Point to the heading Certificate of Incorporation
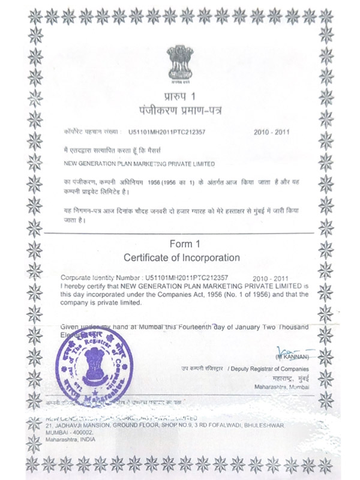pyautogui.click(x=181, y=257)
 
